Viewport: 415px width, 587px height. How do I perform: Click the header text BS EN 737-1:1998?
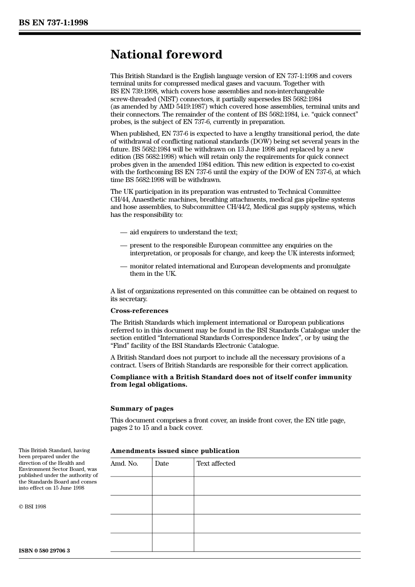click(x=53, y=23)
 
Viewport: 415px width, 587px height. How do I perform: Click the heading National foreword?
click(x=166, y=55)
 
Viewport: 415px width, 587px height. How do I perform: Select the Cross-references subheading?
click(x=139, y=311)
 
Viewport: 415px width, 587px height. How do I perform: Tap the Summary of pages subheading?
click(x=142, y=408)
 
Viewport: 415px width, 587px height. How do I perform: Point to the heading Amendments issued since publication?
click(x=175, y=451)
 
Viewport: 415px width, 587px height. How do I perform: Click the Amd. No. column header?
click(x=124, y=463)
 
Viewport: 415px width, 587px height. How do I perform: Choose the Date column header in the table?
click(x=162, y=463)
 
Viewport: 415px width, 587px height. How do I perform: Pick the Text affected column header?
click(x=216, y=463)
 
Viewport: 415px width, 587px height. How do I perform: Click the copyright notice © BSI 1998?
click(x=32, y=507)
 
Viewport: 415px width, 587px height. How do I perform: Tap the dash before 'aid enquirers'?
click(x=123, y=232)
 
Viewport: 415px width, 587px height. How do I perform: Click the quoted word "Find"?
click(x=120, y=346)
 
